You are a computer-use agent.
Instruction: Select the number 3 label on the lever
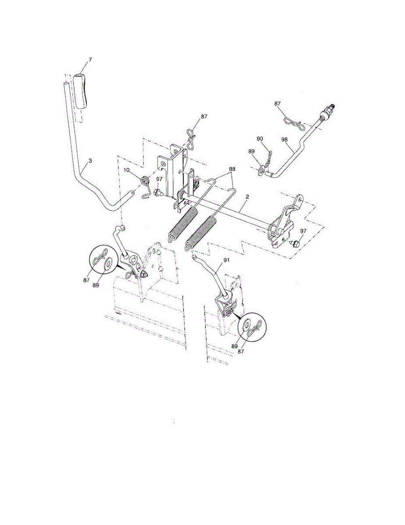90,161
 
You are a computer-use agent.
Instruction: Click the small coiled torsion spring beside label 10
145,180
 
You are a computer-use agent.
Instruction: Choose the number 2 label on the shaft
247,197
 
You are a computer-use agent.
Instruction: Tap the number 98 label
285,139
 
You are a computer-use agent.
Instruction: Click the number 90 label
260,139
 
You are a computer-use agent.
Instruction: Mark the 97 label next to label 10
159,178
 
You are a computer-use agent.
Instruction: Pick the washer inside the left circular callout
107,264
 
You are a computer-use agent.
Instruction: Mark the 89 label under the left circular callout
95,285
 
